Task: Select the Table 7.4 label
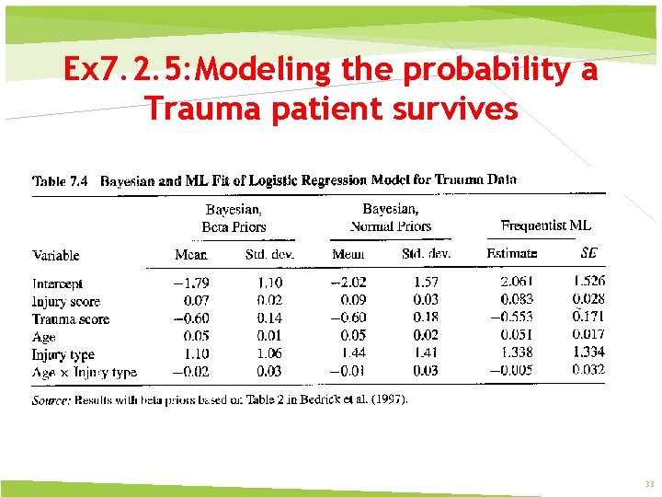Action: (x=61, y=181)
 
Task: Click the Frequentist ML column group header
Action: (x=545, y=225)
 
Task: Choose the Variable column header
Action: (x=56, y=255)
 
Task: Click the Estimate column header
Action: (x=511, y=253)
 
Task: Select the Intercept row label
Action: (x=57, y=284)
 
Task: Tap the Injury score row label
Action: (x=66, y=302)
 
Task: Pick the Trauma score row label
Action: (x=71, y=319)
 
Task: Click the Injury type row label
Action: (x=63, y=354)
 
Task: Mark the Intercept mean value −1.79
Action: (x=191, y=283)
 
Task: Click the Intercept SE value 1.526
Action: (x=588, y=282)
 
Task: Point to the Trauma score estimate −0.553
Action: (x=512, y=317)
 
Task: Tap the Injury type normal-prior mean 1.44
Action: (x=353, y=353)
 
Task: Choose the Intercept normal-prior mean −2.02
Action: (x=348, y=282)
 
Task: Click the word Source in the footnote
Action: (x=51, y=400)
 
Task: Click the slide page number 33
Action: (x=649, y=484)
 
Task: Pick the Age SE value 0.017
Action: (x=588, y=334)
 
